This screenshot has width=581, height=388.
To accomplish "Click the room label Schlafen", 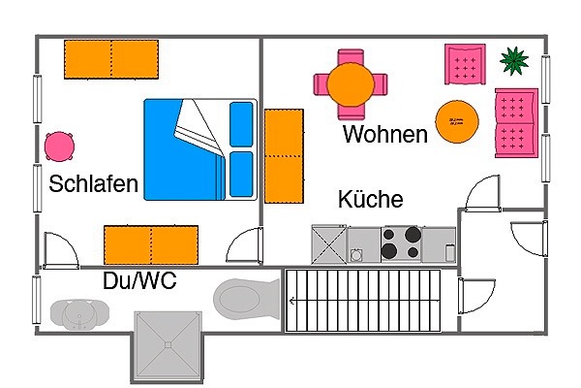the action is pos(93,183).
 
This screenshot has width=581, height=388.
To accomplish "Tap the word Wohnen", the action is pos(385,134).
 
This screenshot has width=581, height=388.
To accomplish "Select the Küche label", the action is pos(371,199).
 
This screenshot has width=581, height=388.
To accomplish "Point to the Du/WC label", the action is pos(139,280).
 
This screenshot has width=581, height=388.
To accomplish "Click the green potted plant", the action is pos(514,60).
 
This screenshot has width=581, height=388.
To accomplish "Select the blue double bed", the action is pos(200,149).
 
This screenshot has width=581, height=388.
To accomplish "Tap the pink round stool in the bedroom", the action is pos(59,146).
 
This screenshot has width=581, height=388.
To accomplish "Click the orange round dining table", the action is pos(351,84).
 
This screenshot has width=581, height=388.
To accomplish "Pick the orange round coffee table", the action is pos(457,121).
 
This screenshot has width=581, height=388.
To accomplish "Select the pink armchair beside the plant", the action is pos(465,65).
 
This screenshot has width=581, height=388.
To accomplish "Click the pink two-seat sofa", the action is pos(516,123).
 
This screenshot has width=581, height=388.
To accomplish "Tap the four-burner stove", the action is pos(402,243).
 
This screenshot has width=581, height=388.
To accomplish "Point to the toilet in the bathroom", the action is pos(246,299).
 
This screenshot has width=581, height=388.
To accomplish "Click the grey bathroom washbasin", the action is pos(79,315).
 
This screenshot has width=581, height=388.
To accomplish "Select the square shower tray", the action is pos(168,345).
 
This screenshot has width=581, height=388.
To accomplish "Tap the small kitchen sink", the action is pos(356,255).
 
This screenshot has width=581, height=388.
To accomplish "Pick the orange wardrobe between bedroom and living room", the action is pos(284,156).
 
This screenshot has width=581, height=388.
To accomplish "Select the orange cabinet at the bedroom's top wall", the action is pos(111,59).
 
